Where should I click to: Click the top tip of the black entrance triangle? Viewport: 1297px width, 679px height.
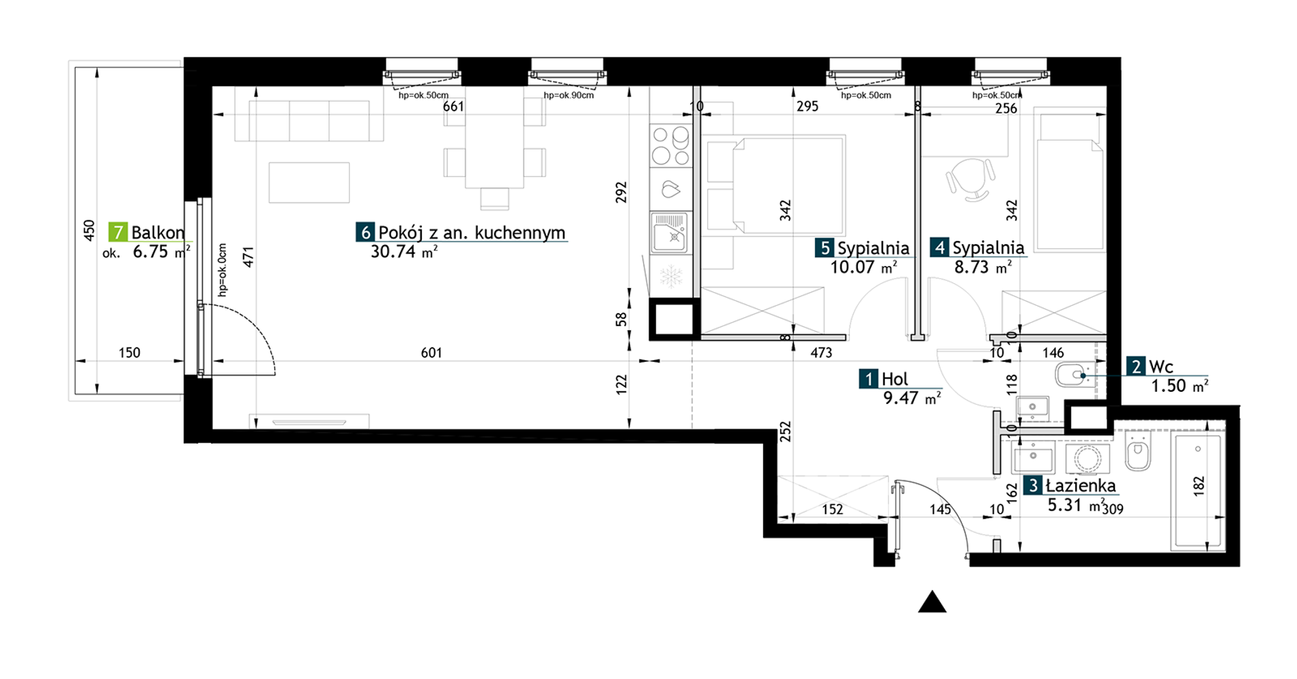coord(932,591)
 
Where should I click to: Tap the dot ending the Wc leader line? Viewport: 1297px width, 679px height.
coord(1083,375)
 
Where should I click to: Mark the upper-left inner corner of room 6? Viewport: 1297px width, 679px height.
coord(213,87)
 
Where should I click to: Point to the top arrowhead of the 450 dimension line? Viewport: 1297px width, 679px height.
coord(97,71)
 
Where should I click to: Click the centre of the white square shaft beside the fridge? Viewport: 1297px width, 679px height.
coord(674,319)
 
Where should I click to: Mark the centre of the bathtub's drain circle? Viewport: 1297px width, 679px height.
coord(1199,448)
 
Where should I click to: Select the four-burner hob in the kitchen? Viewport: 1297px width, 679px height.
coord(671,145)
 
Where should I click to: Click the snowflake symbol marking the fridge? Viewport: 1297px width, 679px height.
coord(671,277)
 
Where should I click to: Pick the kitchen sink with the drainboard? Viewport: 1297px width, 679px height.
coord(671,231)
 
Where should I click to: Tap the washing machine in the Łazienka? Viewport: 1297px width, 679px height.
coord(1087,459)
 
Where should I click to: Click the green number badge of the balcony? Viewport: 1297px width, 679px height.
coord(118,232)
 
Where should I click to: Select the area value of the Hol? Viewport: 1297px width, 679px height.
coord(912,398)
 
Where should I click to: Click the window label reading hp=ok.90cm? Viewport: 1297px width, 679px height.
coord(569,96)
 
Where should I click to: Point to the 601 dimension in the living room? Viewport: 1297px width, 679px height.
coord(431,353)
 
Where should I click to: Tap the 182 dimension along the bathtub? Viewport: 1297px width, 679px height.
coord(1199,486)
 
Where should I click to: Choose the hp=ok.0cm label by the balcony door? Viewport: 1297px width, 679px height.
coord(223,270)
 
